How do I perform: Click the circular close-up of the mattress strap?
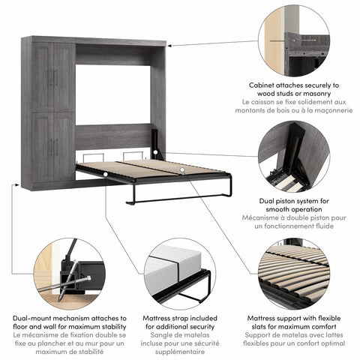pyautogui.click(x=179, y=273)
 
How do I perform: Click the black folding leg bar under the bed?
pyautogui.click(x=176, y=200)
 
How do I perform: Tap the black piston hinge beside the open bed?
pyautogui.click(x=156, y=143)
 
